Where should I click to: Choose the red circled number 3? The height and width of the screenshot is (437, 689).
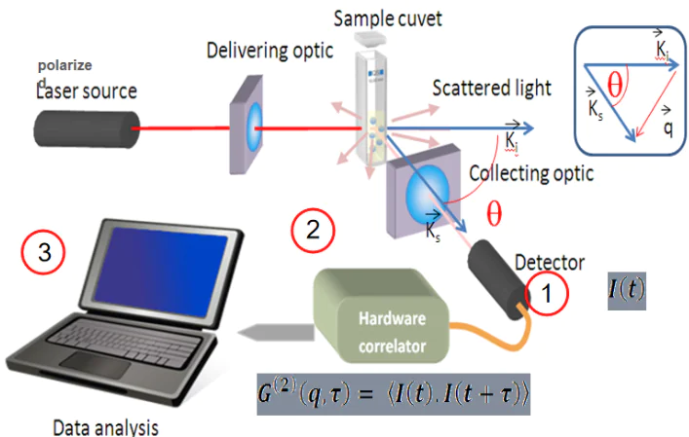coord(45,255)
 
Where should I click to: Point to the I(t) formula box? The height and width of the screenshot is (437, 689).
coord(625,289)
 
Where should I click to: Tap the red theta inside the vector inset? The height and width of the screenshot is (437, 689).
coord(615,87)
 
